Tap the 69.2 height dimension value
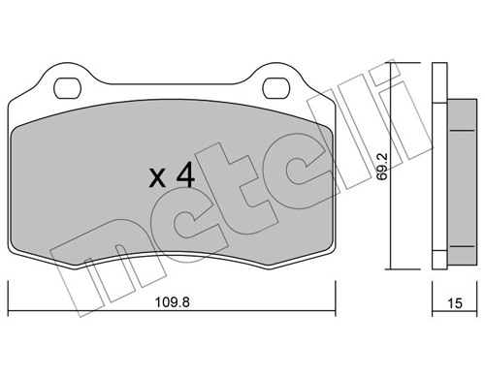point(383,166)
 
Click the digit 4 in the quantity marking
point(186,177)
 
